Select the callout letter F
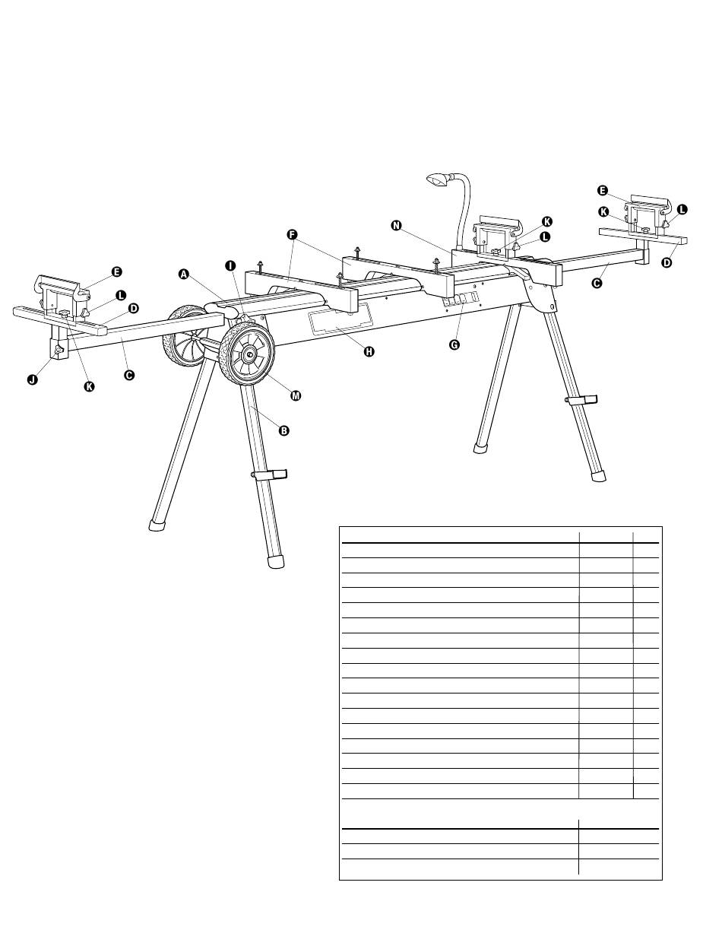(x=292, y=234)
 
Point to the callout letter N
(x=396, y=225)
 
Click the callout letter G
(x=454, y=344)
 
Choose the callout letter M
(x=296, y=395)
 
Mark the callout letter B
(x=283, y=430)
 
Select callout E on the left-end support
(x=116, y=271)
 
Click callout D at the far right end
(x=667, y=263)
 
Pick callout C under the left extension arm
(x=129, y=375)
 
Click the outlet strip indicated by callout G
(x=461, y=299)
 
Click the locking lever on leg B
(x=270, y=475)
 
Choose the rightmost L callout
(x=682, y=208)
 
